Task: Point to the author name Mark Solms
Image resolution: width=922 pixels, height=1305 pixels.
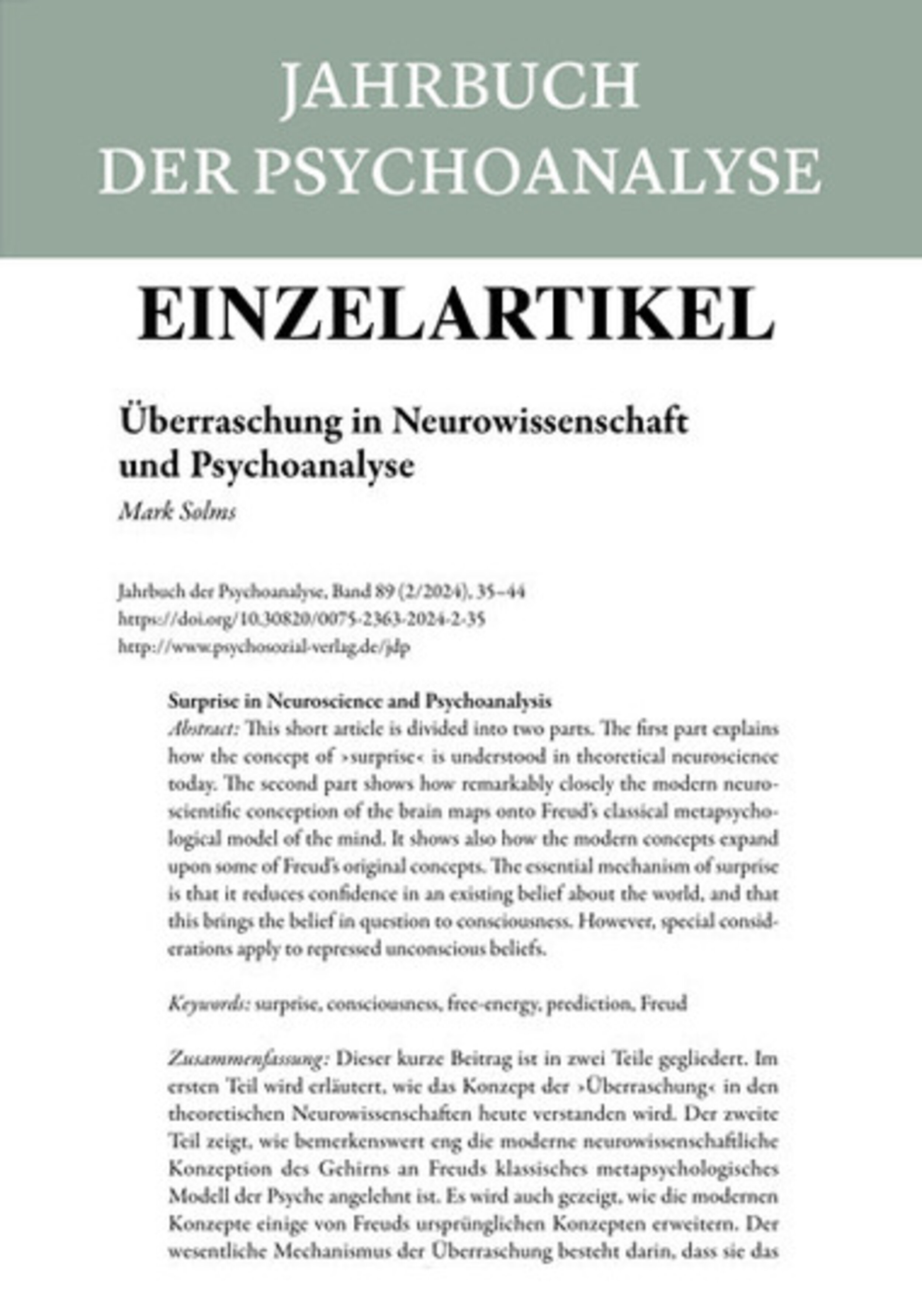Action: click(177, 513)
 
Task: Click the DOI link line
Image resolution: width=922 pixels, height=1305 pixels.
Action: click(302, 619)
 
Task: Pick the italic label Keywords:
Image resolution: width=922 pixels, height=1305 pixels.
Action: click(209, 1004)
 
